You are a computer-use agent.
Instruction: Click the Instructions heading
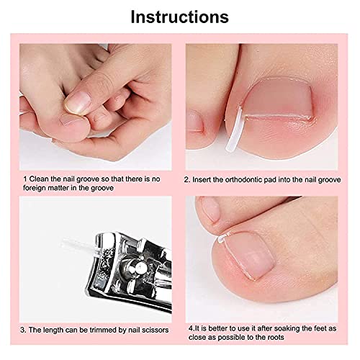179,17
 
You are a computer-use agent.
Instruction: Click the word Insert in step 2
202,180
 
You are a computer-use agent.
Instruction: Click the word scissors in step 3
155,330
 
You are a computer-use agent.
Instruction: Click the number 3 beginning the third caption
22,330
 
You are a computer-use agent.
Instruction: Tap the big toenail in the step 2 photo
279,99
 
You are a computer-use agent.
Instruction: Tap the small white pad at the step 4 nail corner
221,238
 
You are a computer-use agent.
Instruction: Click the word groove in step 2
329,180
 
